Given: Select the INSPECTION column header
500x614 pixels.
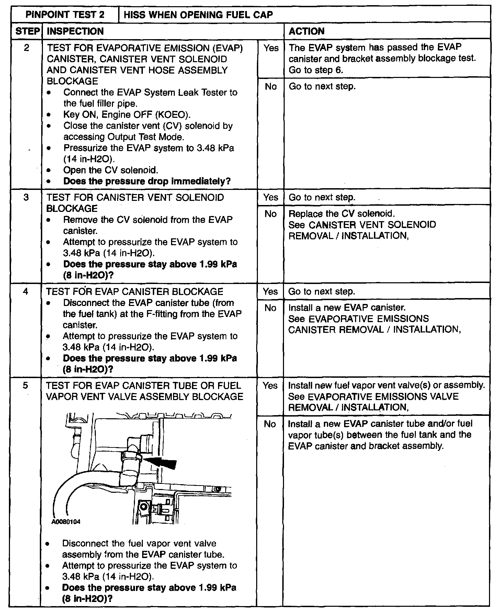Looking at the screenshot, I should point(75,31).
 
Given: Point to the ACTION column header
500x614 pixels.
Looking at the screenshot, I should point(306,31).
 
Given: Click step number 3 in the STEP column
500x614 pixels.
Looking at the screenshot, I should point(26,197).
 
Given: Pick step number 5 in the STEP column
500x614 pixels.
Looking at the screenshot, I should point(25,385).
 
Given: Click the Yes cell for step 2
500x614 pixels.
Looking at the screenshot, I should point(271,48).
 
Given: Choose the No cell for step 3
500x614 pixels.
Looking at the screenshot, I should point(271,214).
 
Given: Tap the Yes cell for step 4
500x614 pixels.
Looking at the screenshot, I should point(270,292).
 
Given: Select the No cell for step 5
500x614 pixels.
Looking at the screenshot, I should point(270,424).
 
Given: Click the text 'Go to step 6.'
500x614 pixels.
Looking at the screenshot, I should point(316,70).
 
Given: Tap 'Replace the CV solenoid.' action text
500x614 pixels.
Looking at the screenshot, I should point(341,214).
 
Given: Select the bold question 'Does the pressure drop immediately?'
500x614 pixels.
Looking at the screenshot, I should point(147,181).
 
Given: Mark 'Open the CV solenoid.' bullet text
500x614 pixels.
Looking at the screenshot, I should point(111,170).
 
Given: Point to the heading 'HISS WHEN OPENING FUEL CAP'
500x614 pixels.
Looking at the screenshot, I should point(198,15).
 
